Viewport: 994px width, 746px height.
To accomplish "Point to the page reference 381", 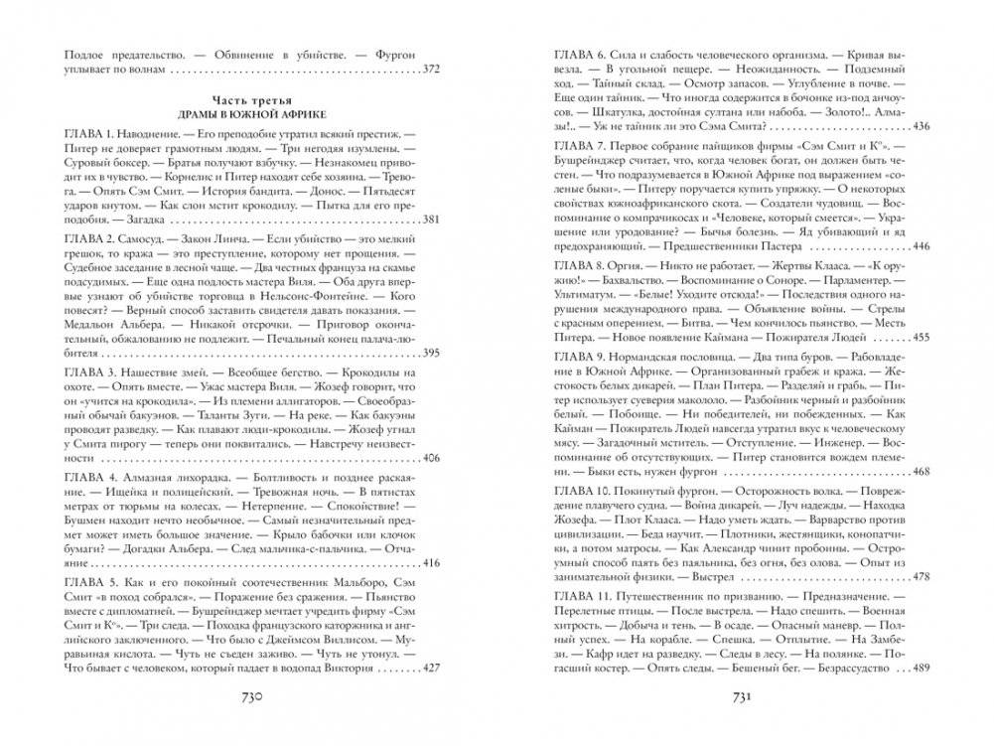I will pyautogui.click(x=430, y=247).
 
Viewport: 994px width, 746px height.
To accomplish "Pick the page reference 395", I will pyautogui.click(x=430, y=353).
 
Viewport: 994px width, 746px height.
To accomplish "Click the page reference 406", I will pyautogui.click(x=430, y=458).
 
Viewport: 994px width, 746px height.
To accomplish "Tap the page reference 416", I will pyautogui.click(x=430, y=563).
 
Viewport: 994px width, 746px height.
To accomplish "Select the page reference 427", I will pyautogui.click(x=430, y=669).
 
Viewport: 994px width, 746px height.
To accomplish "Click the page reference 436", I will pyautogui.click(x=919, y=126).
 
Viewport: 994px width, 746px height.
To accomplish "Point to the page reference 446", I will pyautogui.click(x=919, y=246).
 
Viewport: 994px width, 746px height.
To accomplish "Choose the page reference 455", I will pyautogui.click(x=919, y=337).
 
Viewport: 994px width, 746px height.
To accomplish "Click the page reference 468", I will pyautogui.click(x=919, y=472).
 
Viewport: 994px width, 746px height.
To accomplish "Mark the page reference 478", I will pyautogui.click(x=919, y=577).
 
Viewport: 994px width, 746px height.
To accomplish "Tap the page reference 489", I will pyautogui.click(x=919, y=669).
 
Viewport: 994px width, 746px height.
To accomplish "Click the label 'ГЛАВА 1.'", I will pyautogui.click(x=89, y=133).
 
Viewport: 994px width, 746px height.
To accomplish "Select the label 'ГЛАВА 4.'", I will pyautogui.click(x=89, y=479).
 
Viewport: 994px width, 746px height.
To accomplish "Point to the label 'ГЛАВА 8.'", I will pyautogui.click(x=578, y=268).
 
